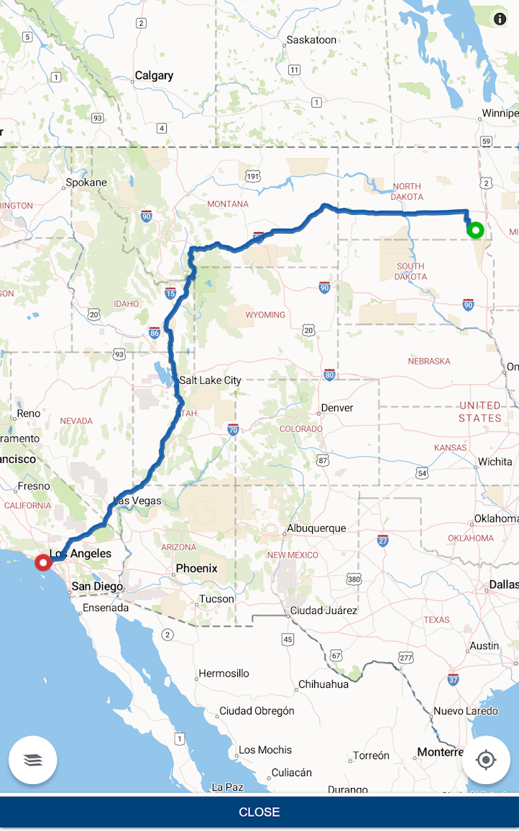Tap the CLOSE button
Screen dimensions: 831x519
tap(259, 812)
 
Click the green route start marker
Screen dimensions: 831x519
tap(475, 230)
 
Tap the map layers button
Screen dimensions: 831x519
tap(33, 760)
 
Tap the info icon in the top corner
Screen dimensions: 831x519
tap(499, 19)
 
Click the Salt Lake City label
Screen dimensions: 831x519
tap(210, 380)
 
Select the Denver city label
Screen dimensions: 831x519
tap(337, 408)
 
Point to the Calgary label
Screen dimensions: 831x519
tap(154, 75)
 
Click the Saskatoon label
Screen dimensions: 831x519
tap(311, 40)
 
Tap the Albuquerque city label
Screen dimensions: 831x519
tap(316, 528)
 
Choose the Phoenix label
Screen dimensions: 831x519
tap(196, 569)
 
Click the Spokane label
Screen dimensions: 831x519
tap(86, 183)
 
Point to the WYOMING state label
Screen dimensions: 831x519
tap(265, 315)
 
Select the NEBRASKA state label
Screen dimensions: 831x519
tap(429, 361)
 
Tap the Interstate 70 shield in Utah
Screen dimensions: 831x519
tap(233, 430)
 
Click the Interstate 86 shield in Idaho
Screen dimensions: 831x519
tap(155, 332)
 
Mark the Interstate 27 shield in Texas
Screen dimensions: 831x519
tap(383, 540)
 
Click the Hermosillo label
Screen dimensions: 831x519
tap(224, 674)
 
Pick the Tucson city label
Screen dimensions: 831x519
tap(217, 599)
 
